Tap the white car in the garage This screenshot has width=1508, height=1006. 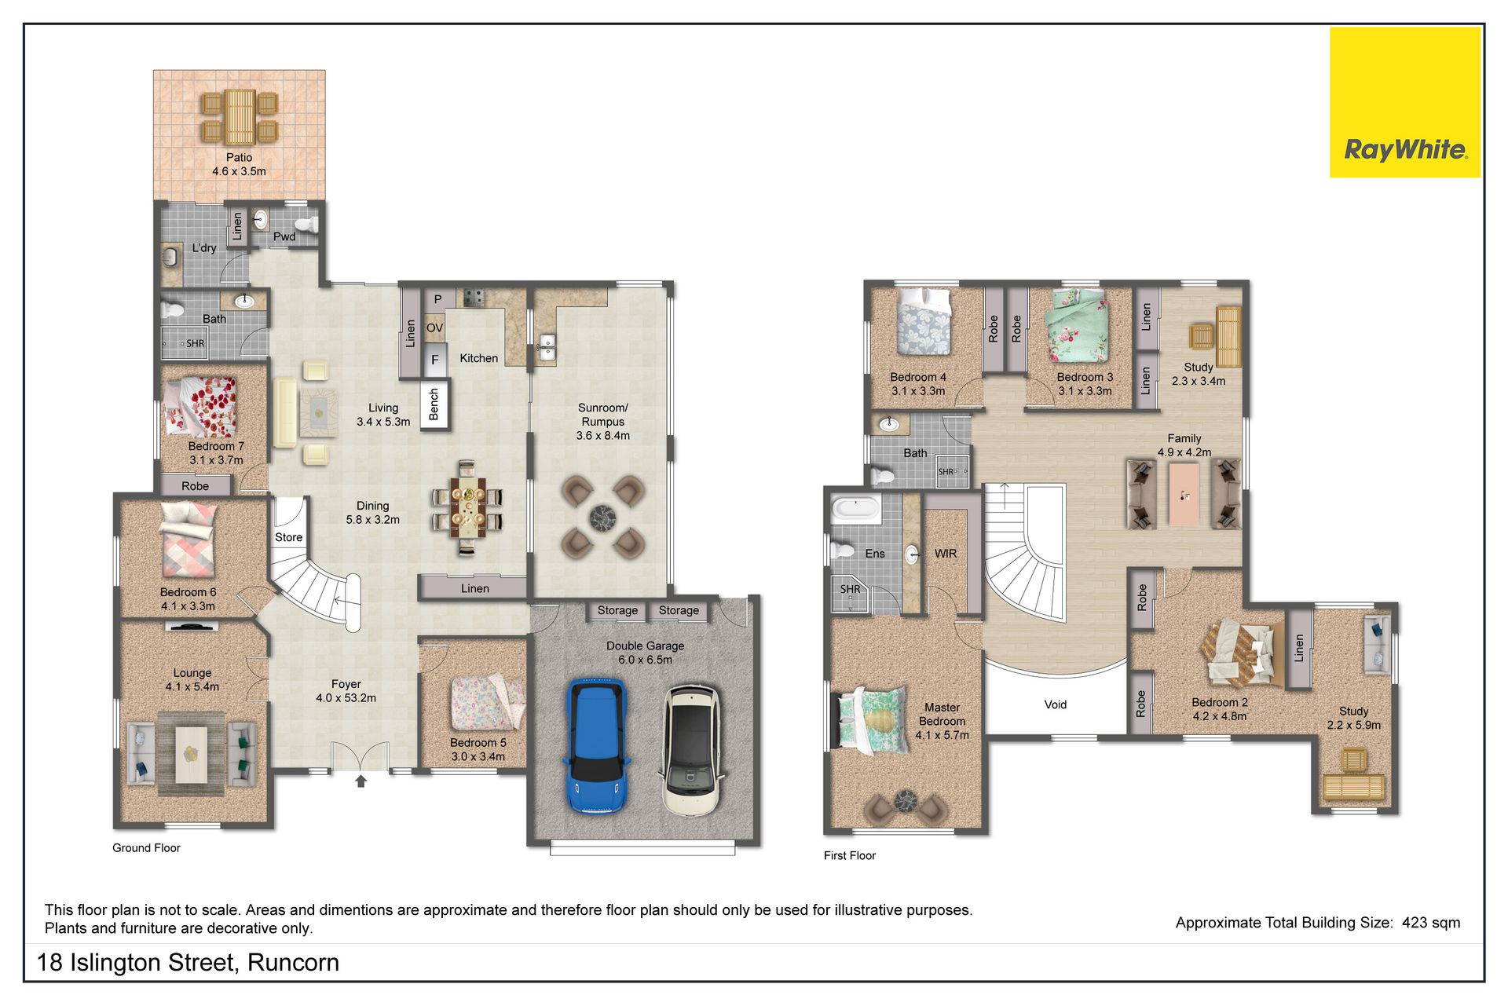[691, 750]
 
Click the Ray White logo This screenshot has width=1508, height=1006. [1404, 103]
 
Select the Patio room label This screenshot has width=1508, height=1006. [239, 157]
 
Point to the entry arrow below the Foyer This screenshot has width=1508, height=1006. [361, 781]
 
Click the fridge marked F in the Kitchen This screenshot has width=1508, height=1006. [435, 360]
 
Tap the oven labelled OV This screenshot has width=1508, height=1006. [434, 328]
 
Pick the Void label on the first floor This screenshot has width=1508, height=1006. [1056, 704]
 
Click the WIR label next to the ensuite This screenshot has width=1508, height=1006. [946, 554]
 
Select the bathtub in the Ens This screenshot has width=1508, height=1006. [856, 507]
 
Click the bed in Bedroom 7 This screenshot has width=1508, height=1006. [199, 406]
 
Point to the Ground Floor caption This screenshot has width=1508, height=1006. [146, 848]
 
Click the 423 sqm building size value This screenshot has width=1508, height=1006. [1431, 923]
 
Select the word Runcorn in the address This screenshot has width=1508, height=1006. [293, 963]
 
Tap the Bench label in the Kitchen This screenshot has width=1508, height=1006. [434, 404]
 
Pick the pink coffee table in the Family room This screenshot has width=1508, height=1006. [1184, 494]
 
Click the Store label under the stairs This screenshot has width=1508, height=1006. [288, 537]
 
